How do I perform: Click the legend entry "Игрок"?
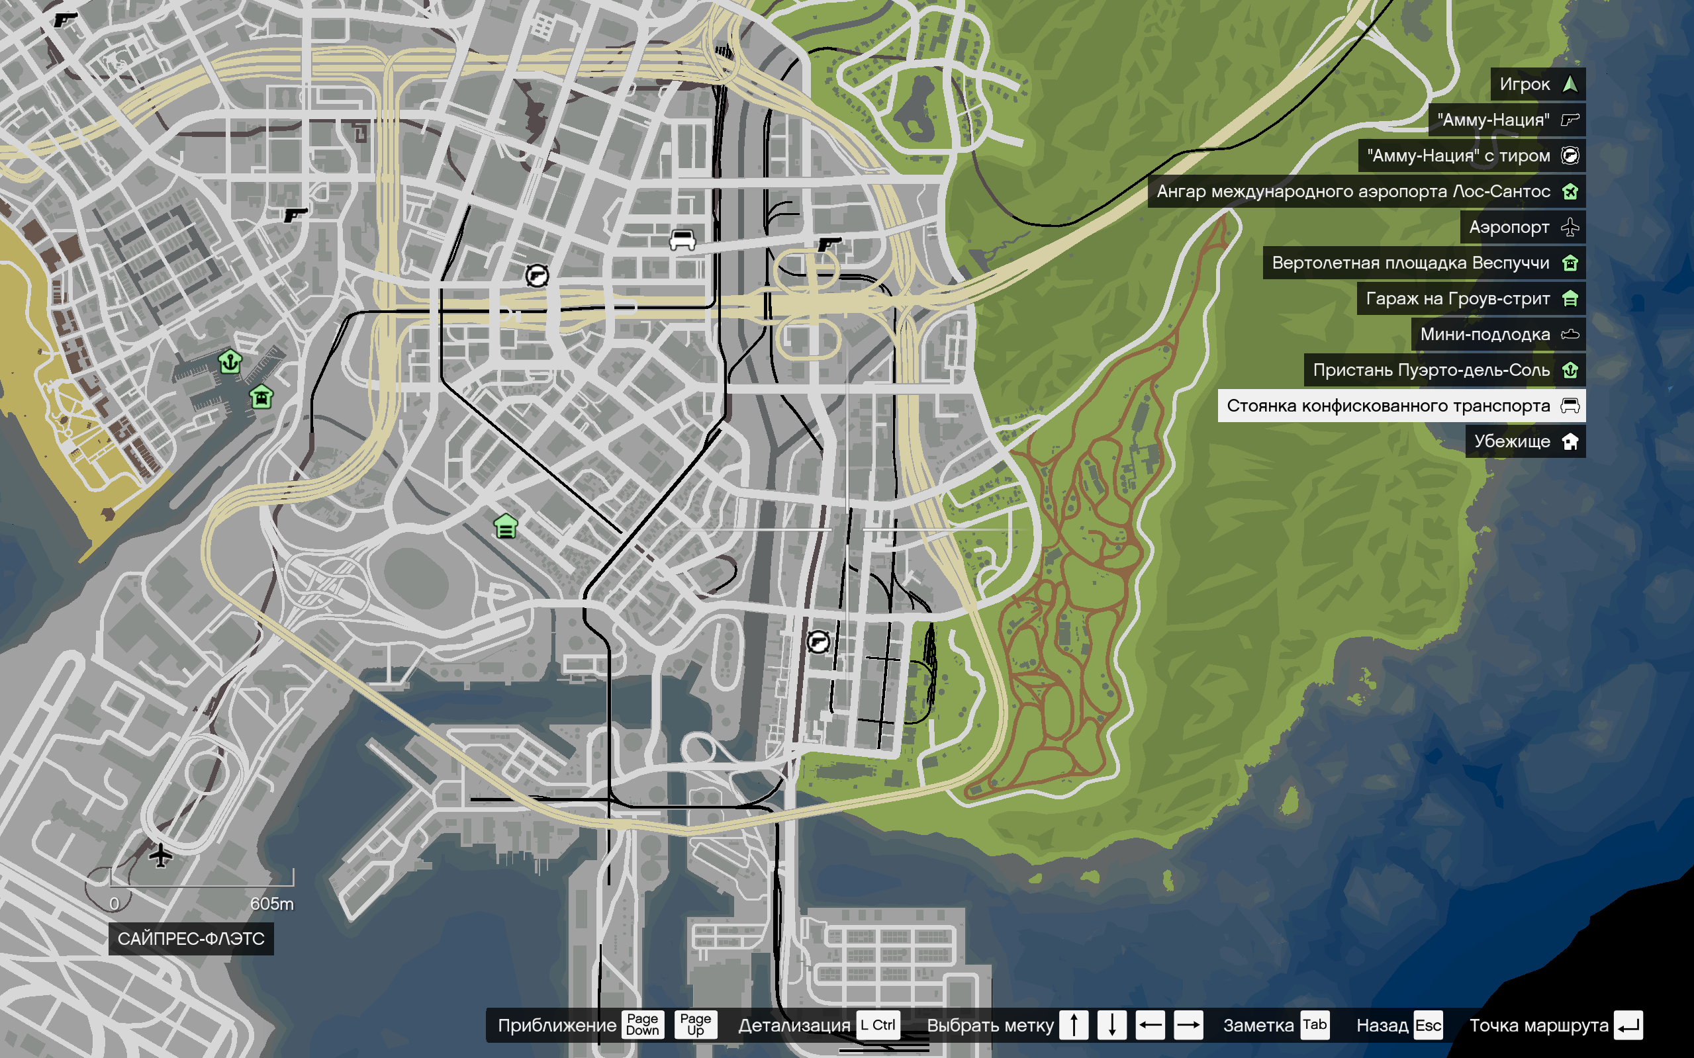point(1537,84)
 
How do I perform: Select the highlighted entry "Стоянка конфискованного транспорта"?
point(1401,406)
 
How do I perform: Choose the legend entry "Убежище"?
point(1525,441)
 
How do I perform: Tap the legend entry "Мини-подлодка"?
point(1497,335)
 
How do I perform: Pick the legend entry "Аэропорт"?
point(1522,228)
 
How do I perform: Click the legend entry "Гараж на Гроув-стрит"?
point(1470,299)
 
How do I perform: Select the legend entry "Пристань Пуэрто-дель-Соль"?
point(1444,370)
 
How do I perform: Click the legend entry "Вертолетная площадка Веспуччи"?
point(1423,263)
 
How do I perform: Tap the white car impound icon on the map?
point(682,240)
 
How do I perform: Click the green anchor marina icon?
point(230,362)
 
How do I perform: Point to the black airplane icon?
point(160,855)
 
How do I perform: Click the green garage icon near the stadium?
point(505,525)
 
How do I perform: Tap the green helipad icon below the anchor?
point(261,397)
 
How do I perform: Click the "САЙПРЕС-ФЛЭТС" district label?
point(191,938)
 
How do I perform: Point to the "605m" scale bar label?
point(271,903)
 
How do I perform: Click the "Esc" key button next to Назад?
point(1428,1025)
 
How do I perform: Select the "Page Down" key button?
point(642,1024)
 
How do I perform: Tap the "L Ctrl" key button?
point(877,1025)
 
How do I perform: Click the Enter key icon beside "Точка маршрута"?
point(1628,1025)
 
